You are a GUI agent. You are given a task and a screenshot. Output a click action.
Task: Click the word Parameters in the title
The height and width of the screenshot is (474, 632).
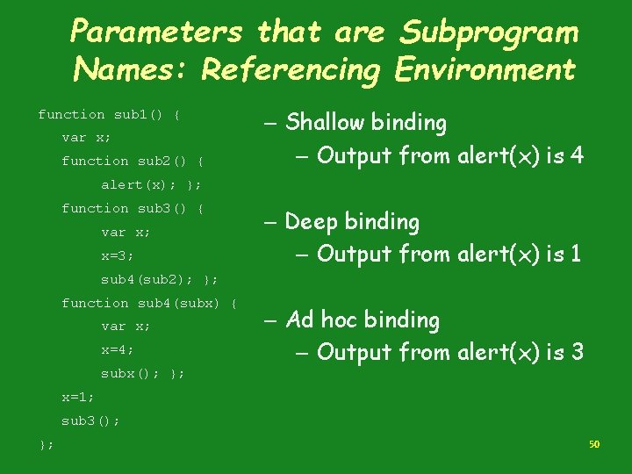coord(155,32)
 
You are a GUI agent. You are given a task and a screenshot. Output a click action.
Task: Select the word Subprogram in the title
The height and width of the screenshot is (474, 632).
coord(489,32)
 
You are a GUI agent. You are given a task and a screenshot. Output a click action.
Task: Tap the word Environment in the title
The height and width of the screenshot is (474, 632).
coord(485,68)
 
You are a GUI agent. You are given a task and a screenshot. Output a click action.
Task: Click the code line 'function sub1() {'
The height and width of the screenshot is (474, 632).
coord(110,114)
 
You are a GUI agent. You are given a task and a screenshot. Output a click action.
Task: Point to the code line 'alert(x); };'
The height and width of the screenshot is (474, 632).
coord(151,184)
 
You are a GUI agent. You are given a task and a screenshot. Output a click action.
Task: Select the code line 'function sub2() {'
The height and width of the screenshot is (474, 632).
coord(133,161)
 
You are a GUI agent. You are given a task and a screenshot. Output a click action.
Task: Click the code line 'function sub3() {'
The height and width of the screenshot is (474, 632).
coord(133,208)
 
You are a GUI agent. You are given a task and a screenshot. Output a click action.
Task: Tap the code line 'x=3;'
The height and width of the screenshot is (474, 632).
coord(118,255)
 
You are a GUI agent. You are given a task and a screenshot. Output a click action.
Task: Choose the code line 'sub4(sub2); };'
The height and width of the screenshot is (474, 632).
coord(159,279)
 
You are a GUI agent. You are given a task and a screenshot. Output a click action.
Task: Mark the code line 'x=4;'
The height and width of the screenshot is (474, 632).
coord(118,349)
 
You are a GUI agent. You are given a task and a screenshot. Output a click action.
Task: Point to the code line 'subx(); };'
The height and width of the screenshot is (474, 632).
coord(143,373)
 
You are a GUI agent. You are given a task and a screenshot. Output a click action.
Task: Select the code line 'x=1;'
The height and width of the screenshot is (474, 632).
coord(78,397)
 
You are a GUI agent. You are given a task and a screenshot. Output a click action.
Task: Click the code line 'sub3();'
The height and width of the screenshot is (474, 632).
coord(90,420)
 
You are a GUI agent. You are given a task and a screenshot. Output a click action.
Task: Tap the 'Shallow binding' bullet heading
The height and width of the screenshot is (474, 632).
coord(366,123)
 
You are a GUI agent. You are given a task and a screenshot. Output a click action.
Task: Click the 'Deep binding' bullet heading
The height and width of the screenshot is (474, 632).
coord(352,222)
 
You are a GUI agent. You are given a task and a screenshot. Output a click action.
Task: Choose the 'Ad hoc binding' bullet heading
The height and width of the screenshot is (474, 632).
coord(363,320)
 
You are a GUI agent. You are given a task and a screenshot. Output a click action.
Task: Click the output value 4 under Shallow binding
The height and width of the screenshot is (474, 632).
coord(576,156)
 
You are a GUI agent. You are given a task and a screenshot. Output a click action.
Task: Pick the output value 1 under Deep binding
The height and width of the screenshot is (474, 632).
coord(576,255)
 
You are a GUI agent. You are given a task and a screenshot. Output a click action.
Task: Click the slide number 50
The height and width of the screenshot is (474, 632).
coord(594,445)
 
